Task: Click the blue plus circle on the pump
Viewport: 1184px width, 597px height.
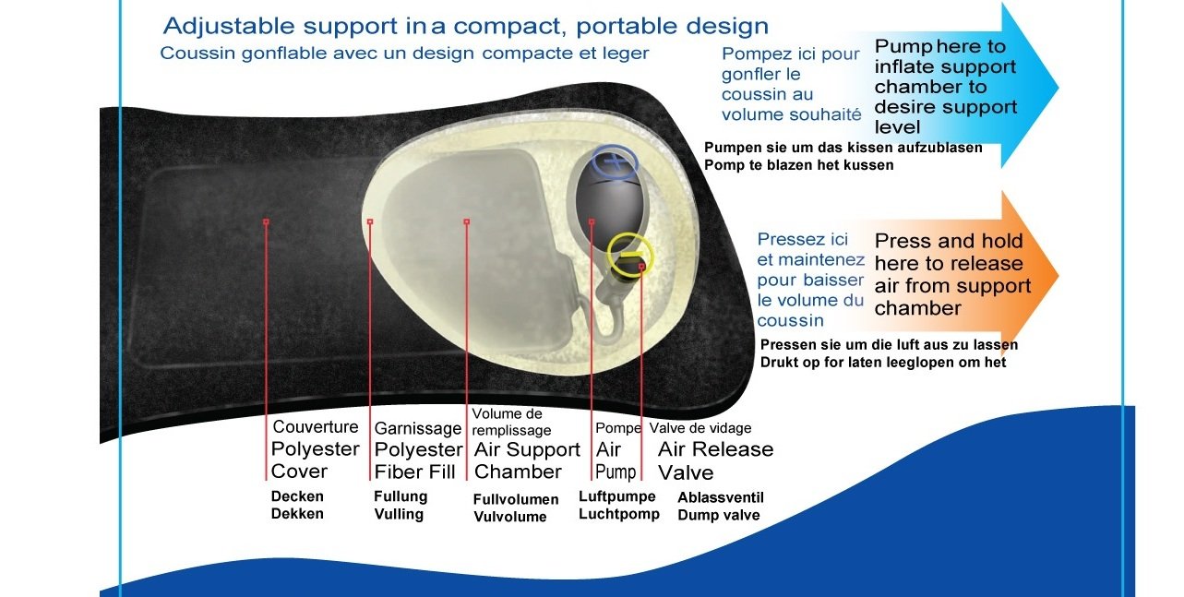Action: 615,147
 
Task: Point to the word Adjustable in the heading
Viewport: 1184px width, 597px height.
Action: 228,26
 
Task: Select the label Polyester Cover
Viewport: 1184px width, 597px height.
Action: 315,460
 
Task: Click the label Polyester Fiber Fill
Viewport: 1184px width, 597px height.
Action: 418,460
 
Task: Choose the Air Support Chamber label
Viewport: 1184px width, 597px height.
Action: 527,460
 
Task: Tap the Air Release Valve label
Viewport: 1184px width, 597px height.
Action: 715,460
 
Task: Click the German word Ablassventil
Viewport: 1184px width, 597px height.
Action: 721,497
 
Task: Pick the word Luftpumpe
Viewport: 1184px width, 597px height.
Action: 616,496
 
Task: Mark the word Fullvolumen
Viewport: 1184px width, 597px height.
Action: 515,499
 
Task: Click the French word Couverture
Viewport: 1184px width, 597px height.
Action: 315,426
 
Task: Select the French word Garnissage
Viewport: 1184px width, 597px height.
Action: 417,428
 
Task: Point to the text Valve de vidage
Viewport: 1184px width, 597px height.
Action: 700,428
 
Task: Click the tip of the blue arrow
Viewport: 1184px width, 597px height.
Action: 1058,87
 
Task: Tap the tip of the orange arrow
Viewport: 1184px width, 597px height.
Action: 1058,275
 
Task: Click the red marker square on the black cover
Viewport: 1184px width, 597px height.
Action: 266,221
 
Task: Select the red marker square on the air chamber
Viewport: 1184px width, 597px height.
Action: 466,221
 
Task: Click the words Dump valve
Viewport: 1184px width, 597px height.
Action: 718,515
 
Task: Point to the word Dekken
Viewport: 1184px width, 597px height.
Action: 297,514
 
